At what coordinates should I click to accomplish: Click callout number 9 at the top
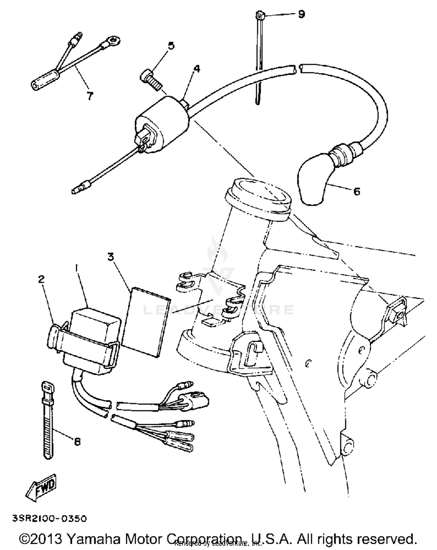(x=301, y=14)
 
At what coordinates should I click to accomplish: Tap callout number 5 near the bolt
(x=171, y=46)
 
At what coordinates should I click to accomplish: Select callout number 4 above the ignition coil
(x=197, y=69)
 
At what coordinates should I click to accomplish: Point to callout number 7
(x=90, y=95)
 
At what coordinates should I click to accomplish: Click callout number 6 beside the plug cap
(x=357, y=191)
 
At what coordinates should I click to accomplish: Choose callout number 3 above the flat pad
(x=111, y=257)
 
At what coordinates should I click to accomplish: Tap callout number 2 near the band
(x=41, y=279)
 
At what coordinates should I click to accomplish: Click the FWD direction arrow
(x=41, y=487)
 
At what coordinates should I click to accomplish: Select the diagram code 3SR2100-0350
(x=50, y=519)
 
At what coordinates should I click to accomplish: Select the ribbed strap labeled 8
(x=48, y=423)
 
